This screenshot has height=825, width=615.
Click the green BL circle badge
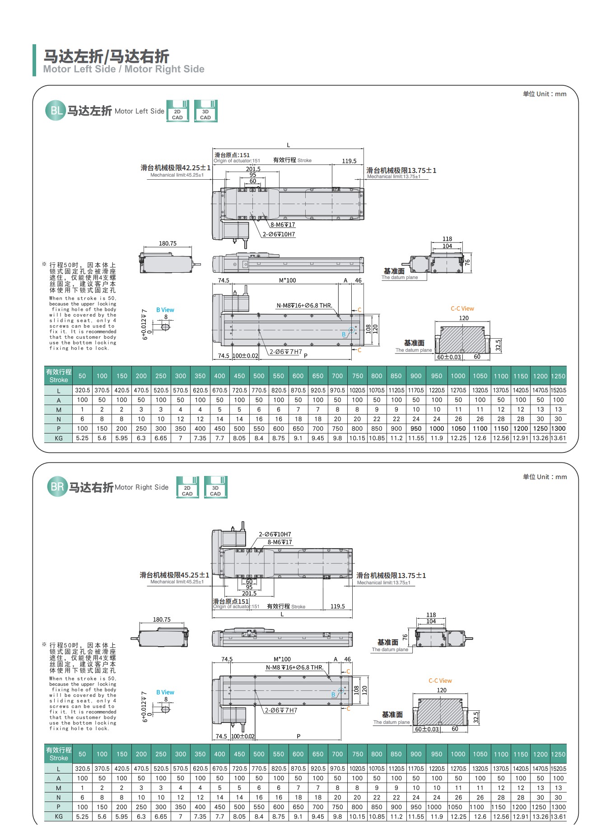click(x=56, y=111)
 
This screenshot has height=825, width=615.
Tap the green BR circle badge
click(x=57, y=487)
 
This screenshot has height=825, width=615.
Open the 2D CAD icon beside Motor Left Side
click(x=177, y=111)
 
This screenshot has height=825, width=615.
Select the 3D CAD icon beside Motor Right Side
click(x=215, y=487)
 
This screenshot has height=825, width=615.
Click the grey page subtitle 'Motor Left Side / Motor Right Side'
click(x=124, y=69)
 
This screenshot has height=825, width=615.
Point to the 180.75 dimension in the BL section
click(x=168, y=243)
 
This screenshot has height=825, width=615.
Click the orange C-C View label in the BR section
click(x=440, y=681)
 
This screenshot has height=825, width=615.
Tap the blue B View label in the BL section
click(x=165, y=310)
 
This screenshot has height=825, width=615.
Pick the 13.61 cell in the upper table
click(x=558, y=438)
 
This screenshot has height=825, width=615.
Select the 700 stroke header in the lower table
click(x=337, y=754)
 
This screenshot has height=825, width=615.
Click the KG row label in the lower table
click(x=59, y=816)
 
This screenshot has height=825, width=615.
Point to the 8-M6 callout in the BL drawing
click(x=283, y=224)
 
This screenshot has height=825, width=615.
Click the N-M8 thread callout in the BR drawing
click(x=294, y=667)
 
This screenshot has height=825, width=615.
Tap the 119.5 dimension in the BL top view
click(x=349, y=161)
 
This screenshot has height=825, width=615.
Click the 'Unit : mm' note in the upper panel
click(x=545, y=94)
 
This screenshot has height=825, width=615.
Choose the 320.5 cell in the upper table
click(x=82, y=390)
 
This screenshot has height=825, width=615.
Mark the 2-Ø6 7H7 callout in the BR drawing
click(x=281, y=710)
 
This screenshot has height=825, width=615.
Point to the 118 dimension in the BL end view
click(x=447, y=239)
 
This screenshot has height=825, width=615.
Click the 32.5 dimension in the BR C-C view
click(x=476, y=717)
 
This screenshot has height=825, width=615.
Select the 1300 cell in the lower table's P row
click(x=558, y=807)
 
